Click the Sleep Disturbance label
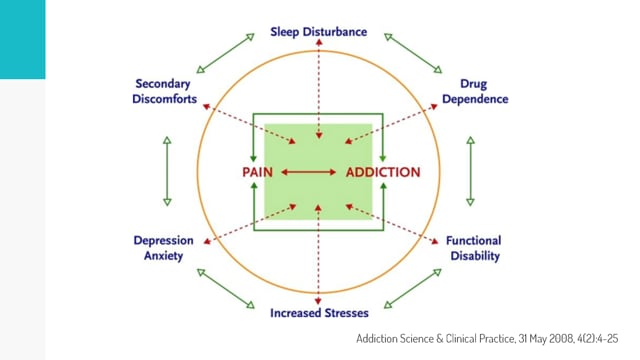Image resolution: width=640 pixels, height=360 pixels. click(318, 32)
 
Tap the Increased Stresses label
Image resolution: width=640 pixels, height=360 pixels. click(319, 313)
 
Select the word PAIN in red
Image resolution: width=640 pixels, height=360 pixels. click(257, 172)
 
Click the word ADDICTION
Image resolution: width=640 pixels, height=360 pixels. click(383, 172)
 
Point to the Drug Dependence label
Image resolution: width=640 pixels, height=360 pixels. click(475, 91)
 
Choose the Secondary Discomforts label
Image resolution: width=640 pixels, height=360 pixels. click(164, 91)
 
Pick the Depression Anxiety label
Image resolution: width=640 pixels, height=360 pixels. click(163, 248)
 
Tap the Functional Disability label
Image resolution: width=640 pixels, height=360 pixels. click(474, 248)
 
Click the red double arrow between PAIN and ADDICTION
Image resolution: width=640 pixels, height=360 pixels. click(309, 172)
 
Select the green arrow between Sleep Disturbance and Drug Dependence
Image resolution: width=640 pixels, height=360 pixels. click(413, 53)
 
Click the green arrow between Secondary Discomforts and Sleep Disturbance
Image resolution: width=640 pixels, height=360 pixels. click(225, 53)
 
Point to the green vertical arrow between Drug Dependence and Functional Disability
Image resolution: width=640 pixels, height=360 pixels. click(470, 171)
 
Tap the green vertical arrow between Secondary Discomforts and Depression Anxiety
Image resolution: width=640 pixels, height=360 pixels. click(167, 171)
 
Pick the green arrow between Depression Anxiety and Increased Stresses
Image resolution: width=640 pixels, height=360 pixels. click(225, 289)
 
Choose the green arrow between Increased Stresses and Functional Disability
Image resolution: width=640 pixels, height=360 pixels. click(413, 289)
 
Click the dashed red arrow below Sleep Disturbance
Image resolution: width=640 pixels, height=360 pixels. click(319, 89)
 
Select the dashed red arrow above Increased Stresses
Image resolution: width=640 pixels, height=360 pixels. click(318, 255)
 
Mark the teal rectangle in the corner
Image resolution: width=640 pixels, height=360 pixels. click(22, 39)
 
